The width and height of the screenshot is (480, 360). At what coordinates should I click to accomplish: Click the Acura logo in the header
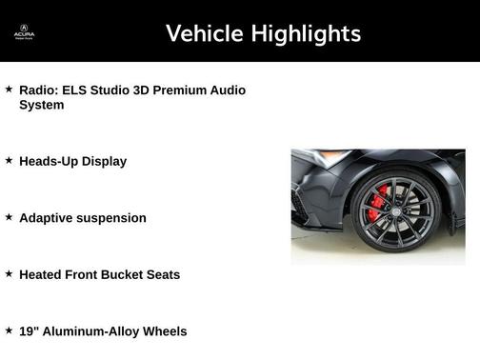tap(24, 32)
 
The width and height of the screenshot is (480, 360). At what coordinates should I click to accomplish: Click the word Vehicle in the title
tap(204, 33)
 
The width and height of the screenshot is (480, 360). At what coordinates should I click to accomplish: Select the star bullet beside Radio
tap(9, 89)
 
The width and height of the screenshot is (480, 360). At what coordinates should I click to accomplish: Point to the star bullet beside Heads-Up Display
tap(9, 160)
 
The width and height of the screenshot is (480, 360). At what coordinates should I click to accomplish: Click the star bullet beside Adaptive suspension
tap(9, 217)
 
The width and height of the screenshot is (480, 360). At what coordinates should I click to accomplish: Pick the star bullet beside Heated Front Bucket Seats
tap(9, 273)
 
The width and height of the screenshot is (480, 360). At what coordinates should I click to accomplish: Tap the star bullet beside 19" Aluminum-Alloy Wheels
tap(9, 330)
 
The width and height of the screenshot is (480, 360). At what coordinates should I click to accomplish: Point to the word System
tap(41, 105)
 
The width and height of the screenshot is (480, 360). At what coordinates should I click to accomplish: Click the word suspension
tap(111, 218)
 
